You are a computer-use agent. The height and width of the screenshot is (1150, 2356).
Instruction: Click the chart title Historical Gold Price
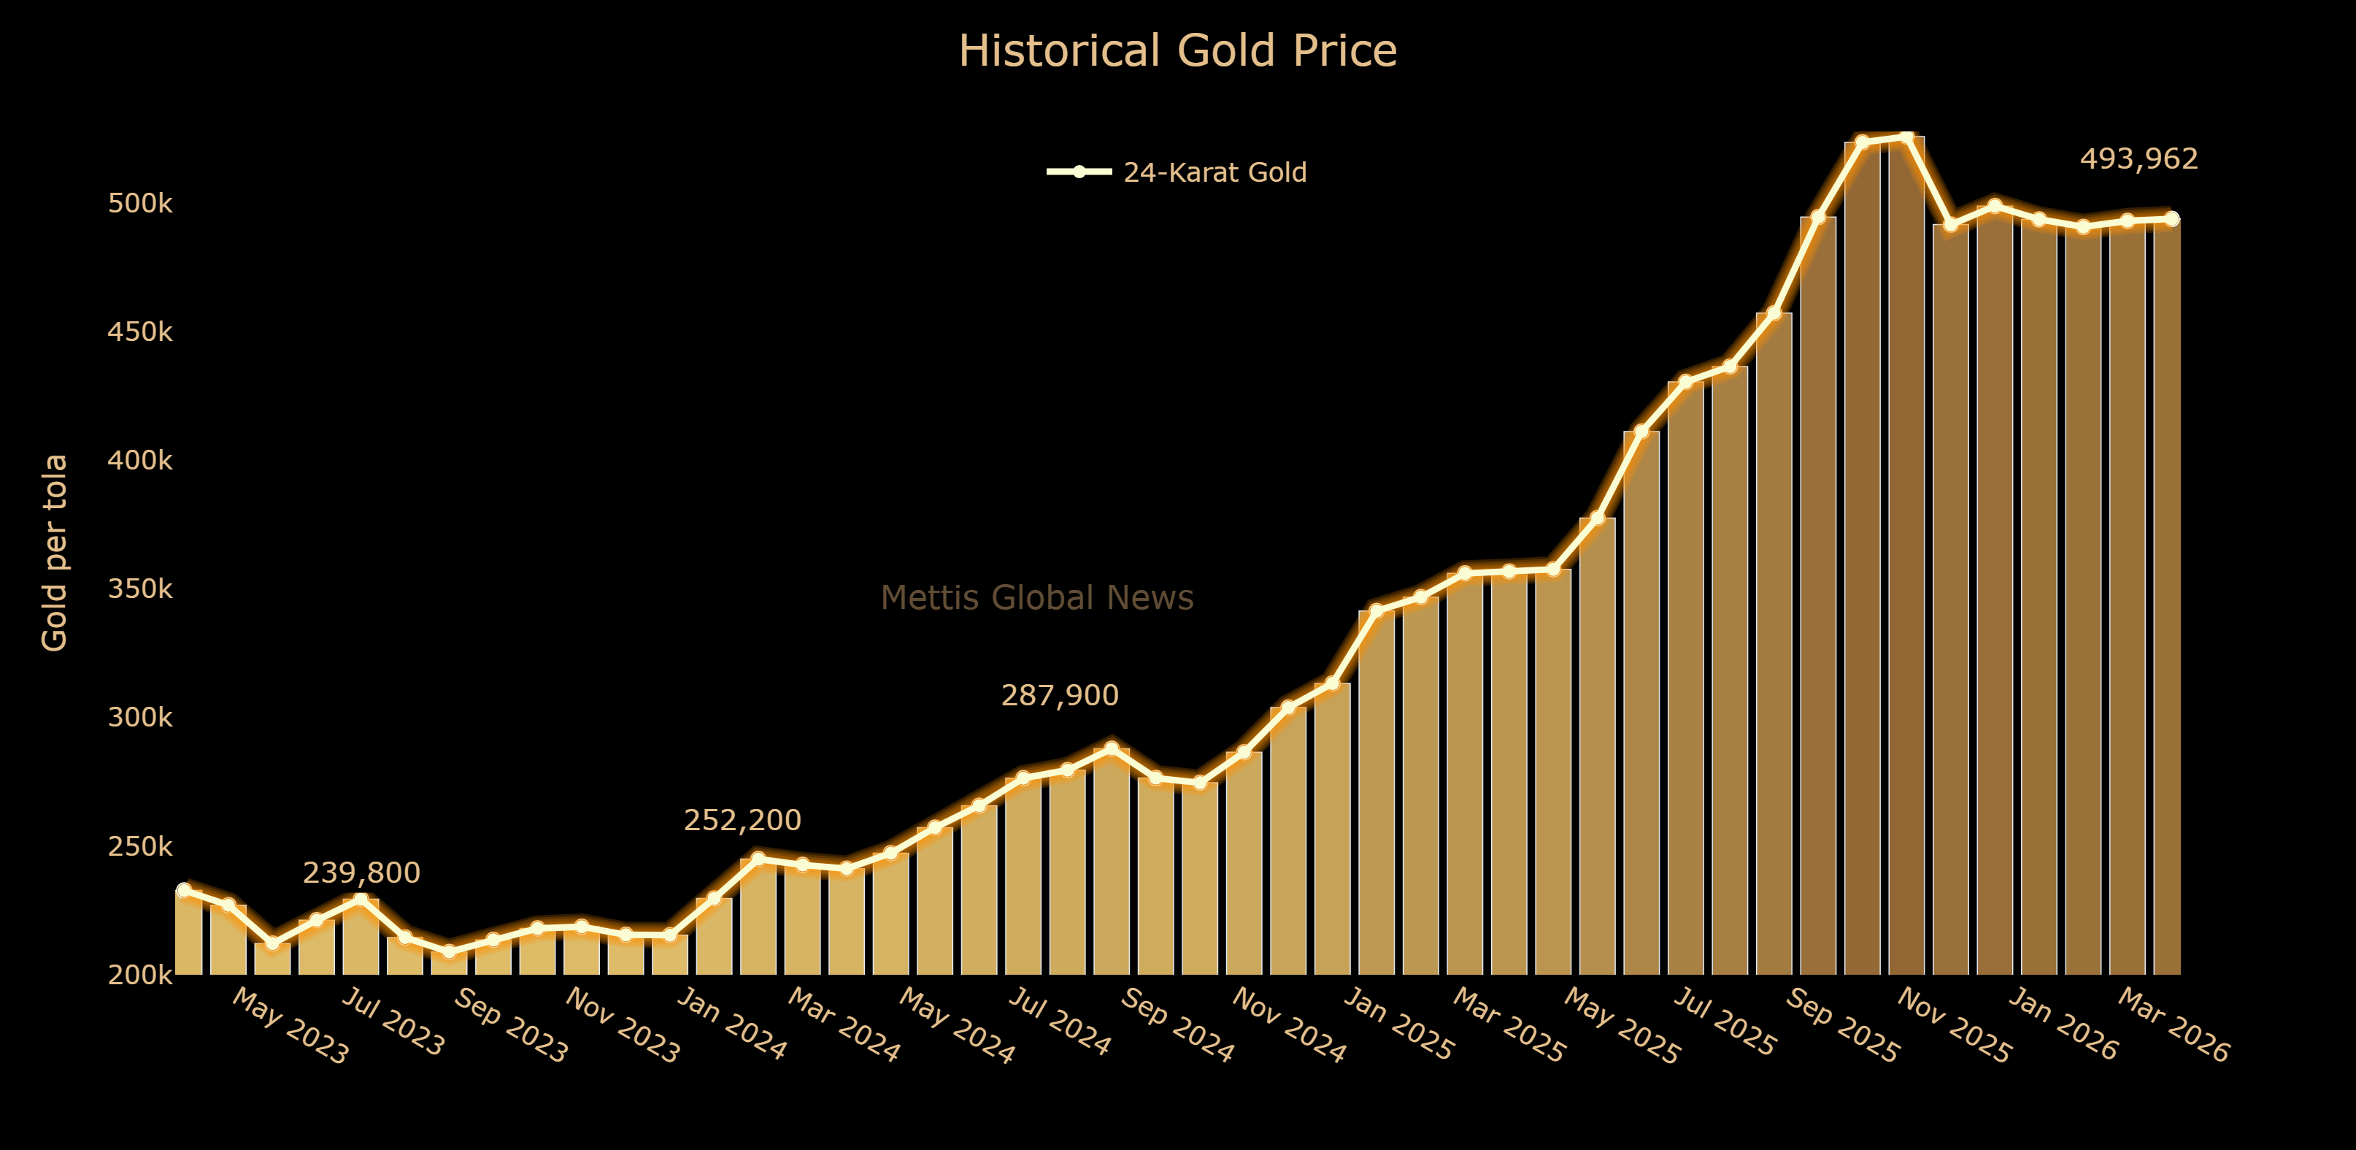pos(1177,51)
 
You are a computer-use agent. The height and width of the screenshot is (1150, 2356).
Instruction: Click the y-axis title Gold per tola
pos(55,553)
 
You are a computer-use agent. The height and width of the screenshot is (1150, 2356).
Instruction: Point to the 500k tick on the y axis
pos(140,203)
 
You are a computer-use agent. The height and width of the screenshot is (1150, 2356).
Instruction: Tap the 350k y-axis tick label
pos(140,589)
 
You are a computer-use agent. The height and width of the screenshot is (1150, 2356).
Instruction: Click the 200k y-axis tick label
pos(140,975)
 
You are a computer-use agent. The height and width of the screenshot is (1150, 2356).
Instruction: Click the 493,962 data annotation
pos(2139,159)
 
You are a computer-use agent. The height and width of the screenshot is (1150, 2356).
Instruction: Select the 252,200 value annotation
pos(743,821)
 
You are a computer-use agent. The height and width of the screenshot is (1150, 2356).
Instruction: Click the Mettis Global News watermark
pos(1037,598)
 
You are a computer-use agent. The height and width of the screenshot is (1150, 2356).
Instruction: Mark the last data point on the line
pos(2172,218)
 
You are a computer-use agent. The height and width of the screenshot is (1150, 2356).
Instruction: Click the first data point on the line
pos(184,890)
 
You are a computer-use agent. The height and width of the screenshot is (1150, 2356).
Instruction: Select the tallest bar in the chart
pos(1906,549)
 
